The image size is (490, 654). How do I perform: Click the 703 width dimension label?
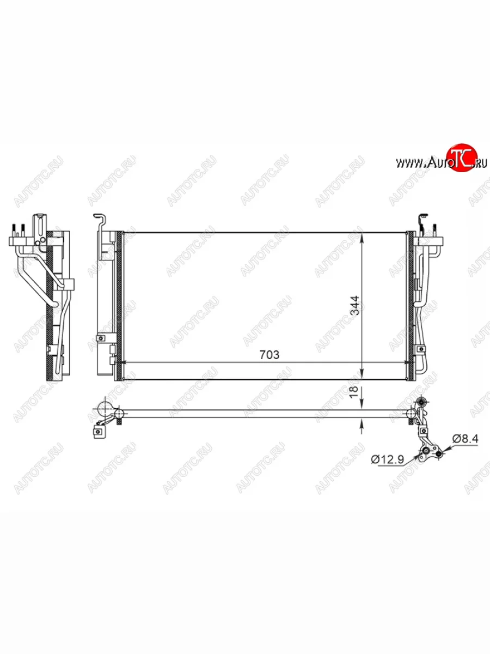pyautogui.click(x=269, y=355)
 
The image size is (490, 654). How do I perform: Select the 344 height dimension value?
pyautogui.click(x=354, y=305)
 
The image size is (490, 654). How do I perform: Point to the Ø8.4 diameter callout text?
pyautogui.click(x=465, y=439)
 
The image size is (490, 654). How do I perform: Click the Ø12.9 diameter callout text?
pyautogui.click(x=388, y=459)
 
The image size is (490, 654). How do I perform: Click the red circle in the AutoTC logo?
pyautogui.click(x=463, y=158)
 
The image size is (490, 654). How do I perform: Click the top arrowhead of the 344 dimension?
pyautogui.click(x=362, y=238)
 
